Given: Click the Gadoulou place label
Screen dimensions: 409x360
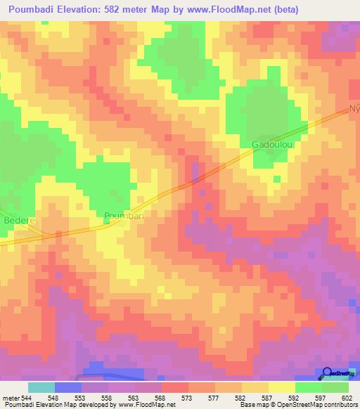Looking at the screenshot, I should [271, 145].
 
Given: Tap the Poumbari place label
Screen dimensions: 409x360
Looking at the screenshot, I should [124, 216].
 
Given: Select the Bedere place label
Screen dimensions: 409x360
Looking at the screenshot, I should [19, 220].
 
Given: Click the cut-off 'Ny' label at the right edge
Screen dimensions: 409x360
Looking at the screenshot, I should [354, 110].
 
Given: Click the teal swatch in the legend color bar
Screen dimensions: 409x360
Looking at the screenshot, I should [41, 387].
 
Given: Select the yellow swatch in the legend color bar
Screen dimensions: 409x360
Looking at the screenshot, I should [281, 387].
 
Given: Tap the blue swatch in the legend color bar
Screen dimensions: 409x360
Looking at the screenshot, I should [68, 387].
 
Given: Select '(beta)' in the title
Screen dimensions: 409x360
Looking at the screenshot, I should [281, 10].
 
